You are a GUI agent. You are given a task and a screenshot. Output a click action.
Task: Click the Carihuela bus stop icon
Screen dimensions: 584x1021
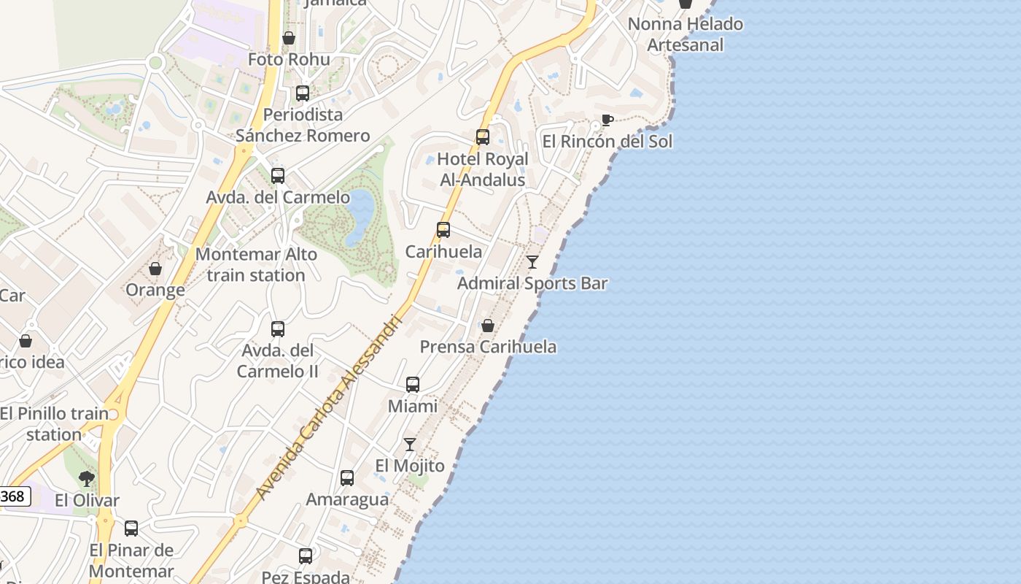(x=443, y=230)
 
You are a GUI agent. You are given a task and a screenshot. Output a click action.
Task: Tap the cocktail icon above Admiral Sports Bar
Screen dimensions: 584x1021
(x=532, y=261)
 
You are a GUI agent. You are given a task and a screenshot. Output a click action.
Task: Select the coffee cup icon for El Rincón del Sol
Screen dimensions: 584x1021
(x=607, y=120)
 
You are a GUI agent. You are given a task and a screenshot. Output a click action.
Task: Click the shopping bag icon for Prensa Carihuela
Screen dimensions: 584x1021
(x=487, y=326)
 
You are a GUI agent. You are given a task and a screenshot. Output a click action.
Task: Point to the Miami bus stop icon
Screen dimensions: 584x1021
(x=413, y=385)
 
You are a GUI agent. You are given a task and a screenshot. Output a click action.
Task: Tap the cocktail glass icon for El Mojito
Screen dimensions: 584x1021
(x=410, y=444)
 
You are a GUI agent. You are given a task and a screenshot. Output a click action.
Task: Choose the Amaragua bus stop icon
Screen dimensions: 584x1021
(x=347, y=478)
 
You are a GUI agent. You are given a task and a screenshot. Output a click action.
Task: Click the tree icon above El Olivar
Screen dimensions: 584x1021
(x=87, y=479)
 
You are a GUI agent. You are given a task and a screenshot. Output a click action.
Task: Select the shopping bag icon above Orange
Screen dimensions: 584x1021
(x=155, y=269)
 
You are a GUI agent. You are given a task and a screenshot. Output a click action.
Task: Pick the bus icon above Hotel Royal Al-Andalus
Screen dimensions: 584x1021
(x=482, y=137)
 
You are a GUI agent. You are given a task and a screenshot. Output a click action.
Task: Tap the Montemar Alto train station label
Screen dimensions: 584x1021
(x=256, y=265)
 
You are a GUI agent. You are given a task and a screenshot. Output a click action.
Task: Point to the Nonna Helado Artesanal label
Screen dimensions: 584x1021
(x=686, y=34)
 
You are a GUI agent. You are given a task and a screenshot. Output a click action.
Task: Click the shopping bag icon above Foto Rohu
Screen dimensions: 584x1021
(x=289, y=38)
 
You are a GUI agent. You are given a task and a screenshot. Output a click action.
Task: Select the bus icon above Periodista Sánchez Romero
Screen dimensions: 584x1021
(x=303, y=93)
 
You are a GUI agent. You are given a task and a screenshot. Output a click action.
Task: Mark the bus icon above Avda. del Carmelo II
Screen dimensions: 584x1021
(x=278, y=329)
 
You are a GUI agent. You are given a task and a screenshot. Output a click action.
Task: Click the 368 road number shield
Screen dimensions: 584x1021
(x=13, y=497)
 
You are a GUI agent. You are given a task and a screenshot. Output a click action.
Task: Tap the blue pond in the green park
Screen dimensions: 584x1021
(x=360, y=216)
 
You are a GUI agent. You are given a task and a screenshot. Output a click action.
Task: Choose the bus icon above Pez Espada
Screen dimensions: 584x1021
(x=306, y=556)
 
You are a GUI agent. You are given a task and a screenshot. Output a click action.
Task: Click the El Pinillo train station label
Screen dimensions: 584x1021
(x=54, y=423)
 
